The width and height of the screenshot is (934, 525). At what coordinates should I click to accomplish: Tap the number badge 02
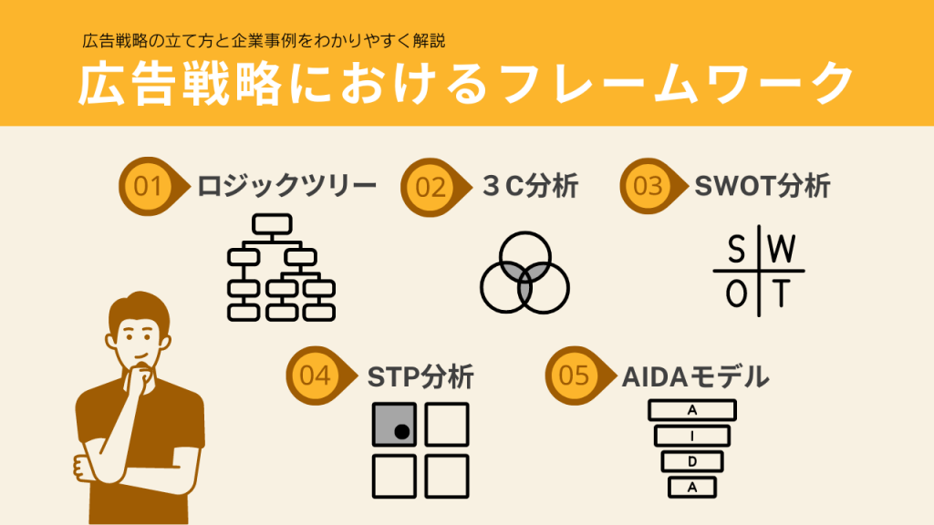[430, 187]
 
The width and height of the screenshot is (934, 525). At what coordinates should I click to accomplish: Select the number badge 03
[647, 186]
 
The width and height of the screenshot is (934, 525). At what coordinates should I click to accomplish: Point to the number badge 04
[315, 376]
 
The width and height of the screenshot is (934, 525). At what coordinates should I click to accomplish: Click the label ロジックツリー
[287, 187]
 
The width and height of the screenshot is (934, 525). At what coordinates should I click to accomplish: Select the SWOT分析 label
[763, 186]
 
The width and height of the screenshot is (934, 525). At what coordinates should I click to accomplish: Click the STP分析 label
[420, 376]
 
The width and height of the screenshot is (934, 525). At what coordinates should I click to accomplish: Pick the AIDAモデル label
[696, 376]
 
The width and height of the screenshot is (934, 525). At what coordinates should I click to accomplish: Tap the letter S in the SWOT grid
[735, 249]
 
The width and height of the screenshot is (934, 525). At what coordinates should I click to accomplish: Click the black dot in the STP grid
[400, 432]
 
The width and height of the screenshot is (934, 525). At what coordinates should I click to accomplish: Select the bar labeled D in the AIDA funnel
[691, 461]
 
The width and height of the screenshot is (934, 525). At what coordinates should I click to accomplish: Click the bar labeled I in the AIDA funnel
[691, 436]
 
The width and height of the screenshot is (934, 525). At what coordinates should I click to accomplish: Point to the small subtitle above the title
[264, 41]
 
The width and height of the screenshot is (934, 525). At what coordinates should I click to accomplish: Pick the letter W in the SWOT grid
[783, 249]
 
